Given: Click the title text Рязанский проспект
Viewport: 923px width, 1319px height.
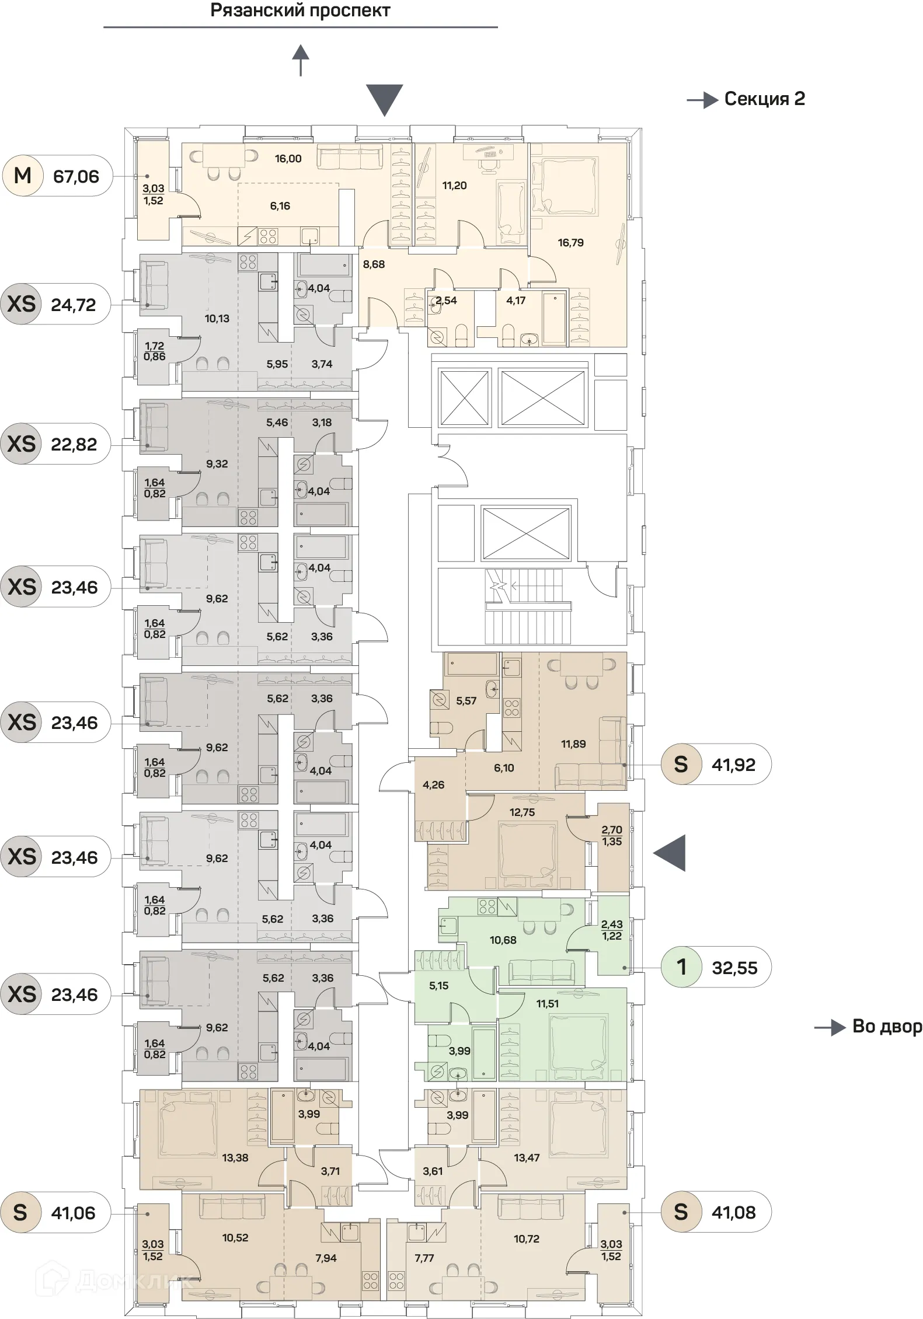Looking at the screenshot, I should (x=300, y=11).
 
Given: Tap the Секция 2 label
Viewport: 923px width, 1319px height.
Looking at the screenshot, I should (x=764, y=99).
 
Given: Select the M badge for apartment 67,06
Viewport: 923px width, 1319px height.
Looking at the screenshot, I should (x=22, y=175).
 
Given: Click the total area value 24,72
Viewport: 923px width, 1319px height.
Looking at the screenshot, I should (x=74, y=304).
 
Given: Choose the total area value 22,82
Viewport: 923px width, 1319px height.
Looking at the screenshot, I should (x=74, y=444).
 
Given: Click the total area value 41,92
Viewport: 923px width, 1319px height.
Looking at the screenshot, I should (x=733, y=765).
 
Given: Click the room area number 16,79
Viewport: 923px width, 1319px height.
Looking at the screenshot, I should (x=570, y=243).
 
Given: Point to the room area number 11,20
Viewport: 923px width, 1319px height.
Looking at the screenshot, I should (x=454, y=186).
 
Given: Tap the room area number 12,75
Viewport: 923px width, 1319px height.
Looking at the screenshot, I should (x=522, y=812).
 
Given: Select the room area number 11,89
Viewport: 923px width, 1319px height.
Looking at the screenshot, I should (x=573, y=744).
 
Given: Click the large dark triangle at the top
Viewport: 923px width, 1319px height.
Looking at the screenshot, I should (x=384, y=100).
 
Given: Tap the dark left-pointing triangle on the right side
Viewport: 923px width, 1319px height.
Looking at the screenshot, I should (x=670, y=853).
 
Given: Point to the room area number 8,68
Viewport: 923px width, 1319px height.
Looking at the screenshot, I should (x=374, y=264).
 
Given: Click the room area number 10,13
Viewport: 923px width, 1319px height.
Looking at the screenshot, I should (x=217, y=319).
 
